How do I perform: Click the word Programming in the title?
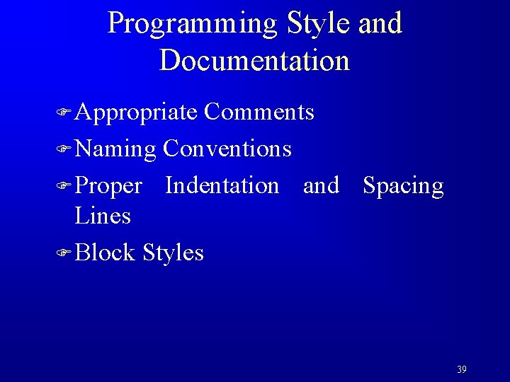[193, 24]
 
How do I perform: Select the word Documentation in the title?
[254, 60]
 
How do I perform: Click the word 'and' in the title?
[380, 23]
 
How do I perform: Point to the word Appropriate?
[136, 112]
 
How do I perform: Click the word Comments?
[259, 112]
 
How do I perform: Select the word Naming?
[115, 149]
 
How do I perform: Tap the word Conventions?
[227, 149]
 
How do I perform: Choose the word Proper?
[108, 186]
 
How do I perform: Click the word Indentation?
[222, 185]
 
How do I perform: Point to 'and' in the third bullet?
[321, 185]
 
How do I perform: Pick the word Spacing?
[403, 186]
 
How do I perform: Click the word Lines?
[103, 216]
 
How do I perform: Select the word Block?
[105, 252]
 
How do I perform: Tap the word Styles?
[173, 253]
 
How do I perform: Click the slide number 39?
[462, 369]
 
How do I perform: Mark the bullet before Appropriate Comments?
[64, 112]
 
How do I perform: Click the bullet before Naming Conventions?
[64, 149]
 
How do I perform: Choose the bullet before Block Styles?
[64, 253]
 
